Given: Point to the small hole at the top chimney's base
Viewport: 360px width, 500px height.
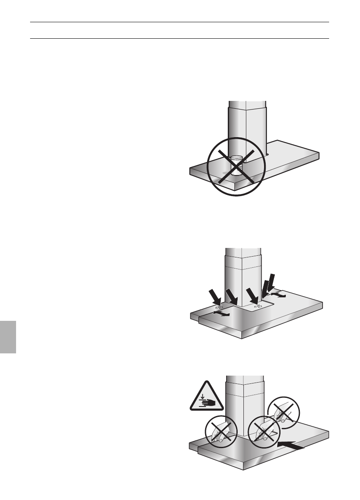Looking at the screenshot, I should [x=267, y=154].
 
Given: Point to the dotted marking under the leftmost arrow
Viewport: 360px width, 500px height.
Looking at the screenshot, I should [x=220, y=307].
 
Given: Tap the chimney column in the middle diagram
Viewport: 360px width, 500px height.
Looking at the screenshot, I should [x=243, y=272].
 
